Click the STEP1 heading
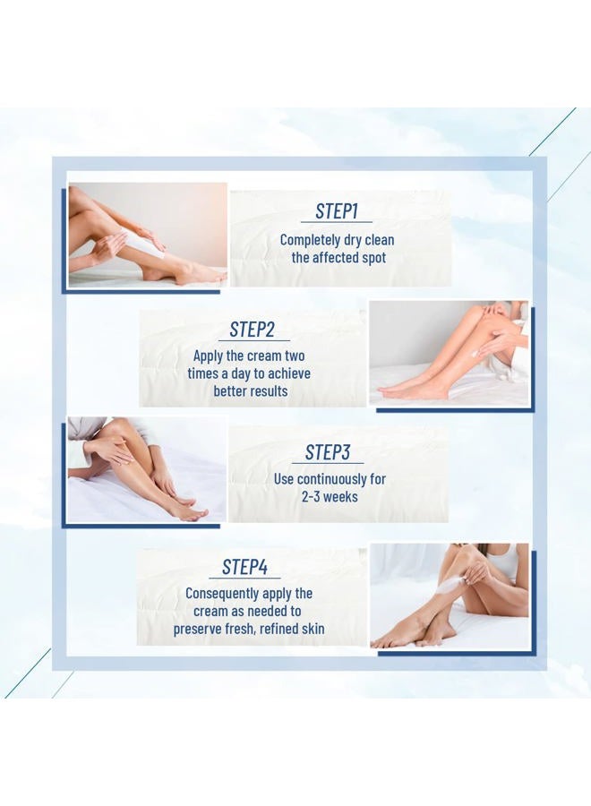click(337, 211)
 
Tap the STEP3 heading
click(328, 452)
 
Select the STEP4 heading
click(244, 567)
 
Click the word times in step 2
click(203, 373)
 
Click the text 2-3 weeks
click(330, 497)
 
